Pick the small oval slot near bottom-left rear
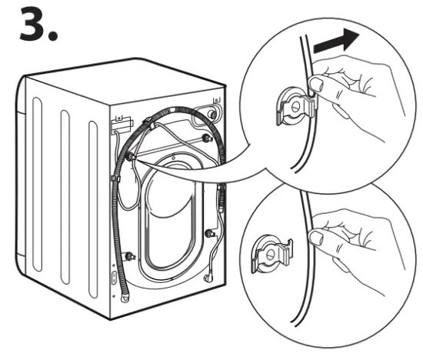pyautogui.click(x=114, y=278)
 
